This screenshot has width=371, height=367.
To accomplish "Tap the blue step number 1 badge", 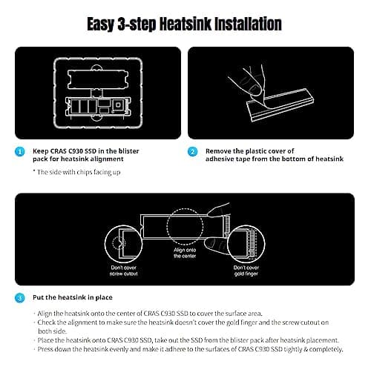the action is tap(20, 151).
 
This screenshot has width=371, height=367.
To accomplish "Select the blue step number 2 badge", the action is tap(193, 151).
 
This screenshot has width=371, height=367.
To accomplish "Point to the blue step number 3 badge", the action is tap(20, 298).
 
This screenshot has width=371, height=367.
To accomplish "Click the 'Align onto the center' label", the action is tap(185, 253).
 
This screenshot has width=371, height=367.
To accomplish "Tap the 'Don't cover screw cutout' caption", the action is tap(124, 271).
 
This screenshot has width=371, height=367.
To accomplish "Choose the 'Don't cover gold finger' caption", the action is tap(246, 271).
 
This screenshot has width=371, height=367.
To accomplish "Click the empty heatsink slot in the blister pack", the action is tap(98, 79).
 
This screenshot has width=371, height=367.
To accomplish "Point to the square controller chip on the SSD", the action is tap(118, 105).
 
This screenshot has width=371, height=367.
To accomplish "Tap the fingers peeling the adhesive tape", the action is tap(247, 82).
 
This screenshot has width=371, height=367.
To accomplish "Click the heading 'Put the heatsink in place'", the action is tap(73, 297).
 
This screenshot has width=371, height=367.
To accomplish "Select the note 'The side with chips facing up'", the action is tap(76, 172).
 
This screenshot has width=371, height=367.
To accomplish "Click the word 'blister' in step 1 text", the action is tap(128, 151).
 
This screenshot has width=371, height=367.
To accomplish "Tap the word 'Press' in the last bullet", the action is tap(45, 349).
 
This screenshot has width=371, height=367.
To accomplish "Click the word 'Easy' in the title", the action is tap(101, 24).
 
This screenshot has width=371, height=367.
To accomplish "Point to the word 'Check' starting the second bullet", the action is tap(47, 323).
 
